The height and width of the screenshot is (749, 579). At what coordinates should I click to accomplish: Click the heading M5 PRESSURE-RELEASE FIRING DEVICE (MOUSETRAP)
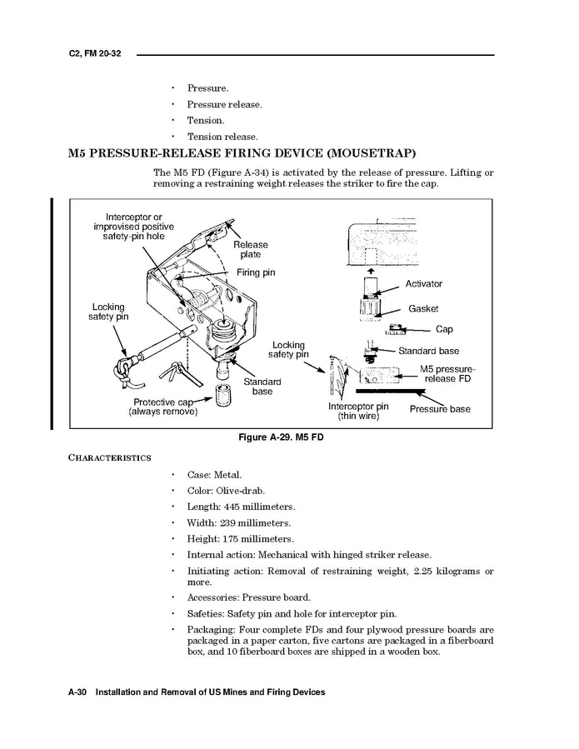click(x=242, y=153)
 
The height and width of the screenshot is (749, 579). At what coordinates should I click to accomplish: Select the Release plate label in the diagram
click(x=251, y=250)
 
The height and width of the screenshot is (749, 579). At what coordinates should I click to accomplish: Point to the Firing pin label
click(x=256, y=272)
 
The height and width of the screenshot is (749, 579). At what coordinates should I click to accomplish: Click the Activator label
click(x=423, y=284)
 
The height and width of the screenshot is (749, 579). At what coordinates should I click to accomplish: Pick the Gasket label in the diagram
click(x=423, y=308)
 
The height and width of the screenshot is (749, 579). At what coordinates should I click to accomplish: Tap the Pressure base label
click(x=439, y=409)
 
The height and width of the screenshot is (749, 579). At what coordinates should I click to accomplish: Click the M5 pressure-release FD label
click(x=447, y=373)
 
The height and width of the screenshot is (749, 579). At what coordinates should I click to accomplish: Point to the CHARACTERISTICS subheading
click(x=109, y=457)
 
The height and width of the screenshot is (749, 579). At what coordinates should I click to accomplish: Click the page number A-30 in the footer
click(x=79, y=693)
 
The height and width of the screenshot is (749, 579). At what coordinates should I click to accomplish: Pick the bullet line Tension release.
click(x=222, y=137)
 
